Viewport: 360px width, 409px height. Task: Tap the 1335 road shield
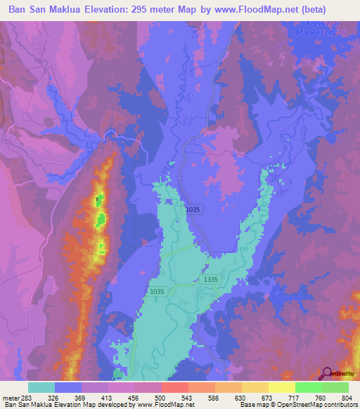pyautogui.click(x=210, y=279)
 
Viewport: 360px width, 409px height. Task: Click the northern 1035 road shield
pyautogui.click(x=193, y=209)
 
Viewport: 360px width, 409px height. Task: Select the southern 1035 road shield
pyautogui.click(x=157, y=291)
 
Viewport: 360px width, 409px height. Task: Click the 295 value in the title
pyautogui.click(x=153, y=8)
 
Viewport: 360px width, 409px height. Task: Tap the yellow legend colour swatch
pyautogui.click(x=281, y=387)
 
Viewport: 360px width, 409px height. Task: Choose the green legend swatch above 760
pyautogui.click(x=308, y=387)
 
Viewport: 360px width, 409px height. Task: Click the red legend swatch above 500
pyautogui.click(x=174, y=387)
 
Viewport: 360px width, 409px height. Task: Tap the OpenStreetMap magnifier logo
pyautogui.click(x=326, y=373)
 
